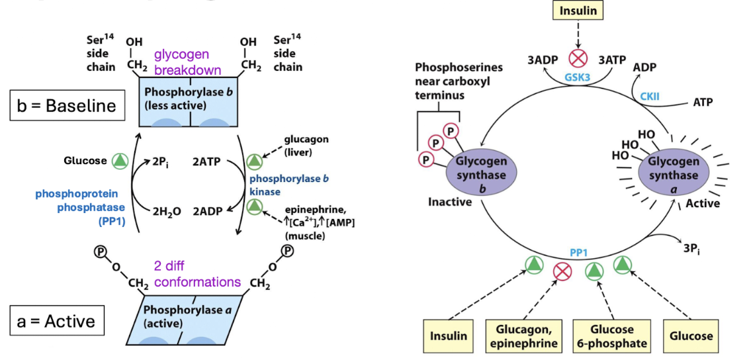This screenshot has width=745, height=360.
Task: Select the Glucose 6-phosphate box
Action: pyautogui.click(x=612, y=336)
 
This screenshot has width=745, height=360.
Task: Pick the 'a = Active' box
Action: pyautogui.click(x=56, y=322)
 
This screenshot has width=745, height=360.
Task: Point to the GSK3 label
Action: pyautogui.click(x=576, y=77)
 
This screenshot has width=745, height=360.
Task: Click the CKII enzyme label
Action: pyautogui.click(x=650, y=97)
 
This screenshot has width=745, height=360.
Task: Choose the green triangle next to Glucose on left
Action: pyautogui.click(x=118, y=161)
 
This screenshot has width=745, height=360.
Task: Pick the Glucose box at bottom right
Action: pyautogui.click(x=691, y=336)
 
